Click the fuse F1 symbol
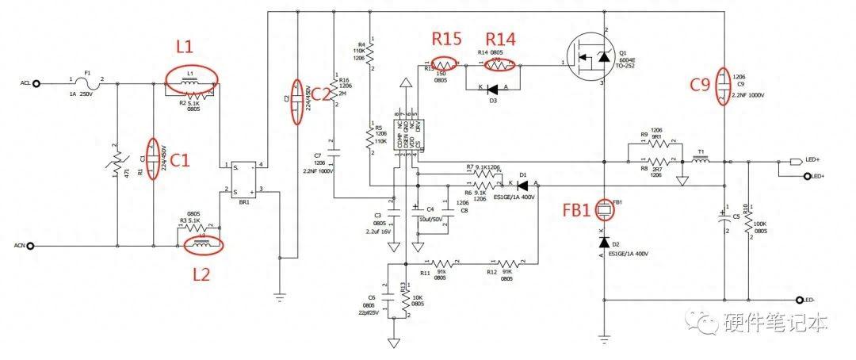point(88,82)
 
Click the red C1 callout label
point(181,161)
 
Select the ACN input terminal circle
point(32,247)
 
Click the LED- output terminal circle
point(800,301)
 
